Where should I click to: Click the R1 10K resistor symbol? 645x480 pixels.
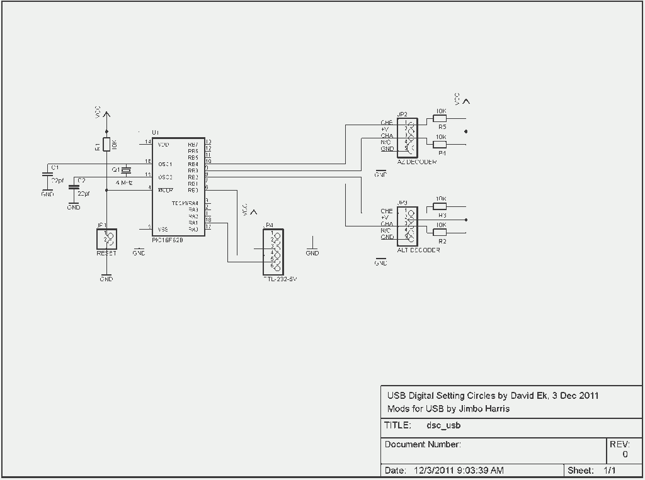pos(106,144)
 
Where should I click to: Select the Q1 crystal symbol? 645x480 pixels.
pos(126,170)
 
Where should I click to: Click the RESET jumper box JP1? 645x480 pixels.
pos(106,238)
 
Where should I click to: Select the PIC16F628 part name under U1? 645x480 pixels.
pos(168,240)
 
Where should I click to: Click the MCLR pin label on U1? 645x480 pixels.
pos(166,190)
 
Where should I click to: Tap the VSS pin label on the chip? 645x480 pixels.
pos(163,229)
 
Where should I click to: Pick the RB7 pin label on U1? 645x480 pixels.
pos(193,144)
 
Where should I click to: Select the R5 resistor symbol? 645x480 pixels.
pos(440,118)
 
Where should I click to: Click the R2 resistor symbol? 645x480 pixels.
pos(440,232)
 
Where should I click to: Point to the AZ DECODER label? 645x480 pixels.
pos(417,162)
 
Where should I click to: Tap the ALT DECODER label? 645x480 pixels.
pos(418,250)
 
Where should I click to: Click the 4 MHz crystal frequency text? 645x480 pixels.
pos(124,182)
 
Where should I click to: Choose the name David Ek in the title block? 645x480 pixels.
pos(529,396)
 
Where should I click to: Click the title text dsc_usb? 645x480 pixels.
pos(443,425)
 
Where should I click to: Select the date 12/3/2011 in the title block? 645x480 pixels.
pos(433,470)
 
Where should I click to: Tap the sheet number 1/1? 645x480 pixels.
pos(609,470)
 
